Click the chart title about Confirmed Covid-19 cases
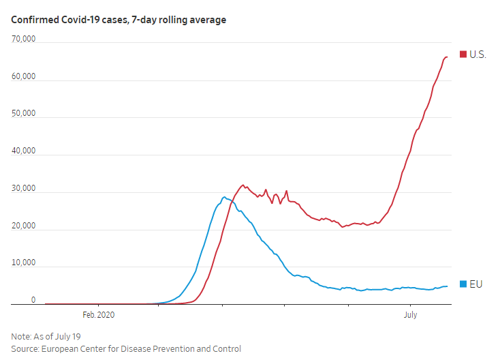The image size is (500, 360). [x=119, y=20]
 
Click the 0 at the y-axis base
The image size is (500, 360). [x=33, y=299]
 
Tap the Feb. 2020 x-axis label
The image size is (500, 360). [x=99, y=314]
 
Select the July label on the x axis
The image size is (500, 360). [x=410, y=314]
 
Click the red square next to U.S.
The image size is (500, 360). [x=464, y=54]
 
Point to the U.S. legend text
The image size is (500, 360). [x=478, y=54]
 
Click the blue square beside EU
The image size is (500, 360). [x=464, y=284]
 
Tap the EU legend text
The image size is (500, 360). [x=476, y=284]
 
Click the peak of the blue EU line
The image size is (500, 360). [x=224, y=197]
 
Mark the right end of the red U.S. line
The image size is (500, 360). [x=447, y=57]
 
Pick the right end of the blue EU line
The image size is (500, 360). [x=447, y=286]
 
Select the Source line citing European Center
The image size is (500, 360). [x=126, y=349]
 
